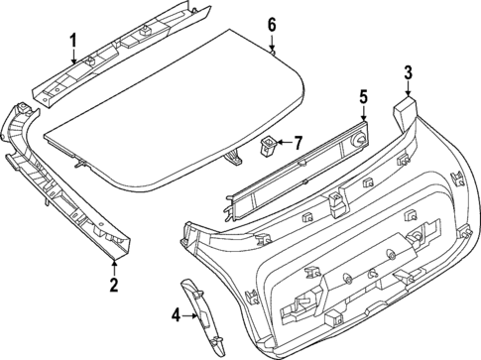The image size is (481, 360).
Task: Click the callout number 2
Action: (113, 287)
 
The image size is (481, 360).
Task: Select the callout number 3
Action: (408, 70)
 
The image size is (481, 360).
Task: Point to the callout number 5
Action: (363, 96)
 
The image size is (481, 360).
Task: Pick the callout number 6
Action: (272, 25)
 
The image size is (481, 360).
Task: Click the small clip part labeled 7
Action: (268, 146)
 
